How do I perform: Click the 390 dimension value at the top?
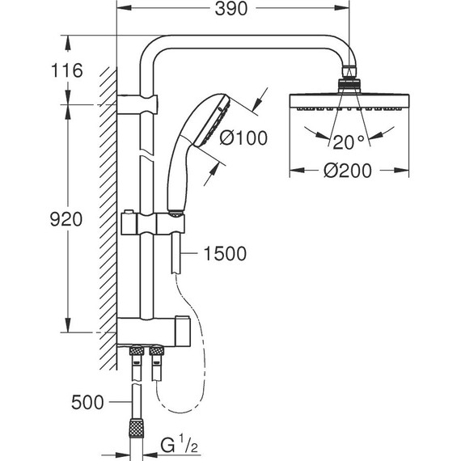coord(231,9)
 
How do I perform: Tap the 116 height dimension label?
coord(67,70)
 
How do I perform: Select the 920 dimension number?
coord(66,219)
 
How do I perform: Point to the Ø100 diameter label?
coord(243,137)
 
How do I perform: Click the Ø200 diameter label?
coord(348,171)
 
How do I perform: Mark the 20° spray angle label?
coord(349,142)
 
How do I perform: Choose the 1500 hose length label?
coord(225,253)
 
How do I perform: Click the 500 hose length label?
coord(87,402)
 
